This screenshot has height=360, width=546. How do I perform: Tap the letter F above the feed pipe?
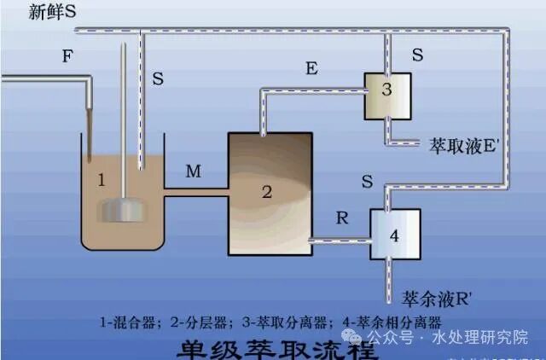tap(67, 57)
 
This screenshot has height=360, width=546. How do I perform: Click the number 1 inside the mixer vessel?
tap(101, 180)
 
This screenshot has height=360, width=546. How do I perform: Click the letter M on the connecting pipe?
tap(194, 171)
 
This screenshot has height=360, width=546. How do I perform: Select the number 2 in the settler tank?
tap(266, 192)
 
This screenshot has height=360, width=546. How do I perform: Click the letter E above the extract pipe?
tap(311, 69)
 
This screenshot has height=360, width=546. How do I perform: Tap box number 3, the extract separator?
tap(387, 93)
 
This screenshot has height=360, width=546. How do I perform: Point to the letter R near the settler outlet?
tap(342, 217)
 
